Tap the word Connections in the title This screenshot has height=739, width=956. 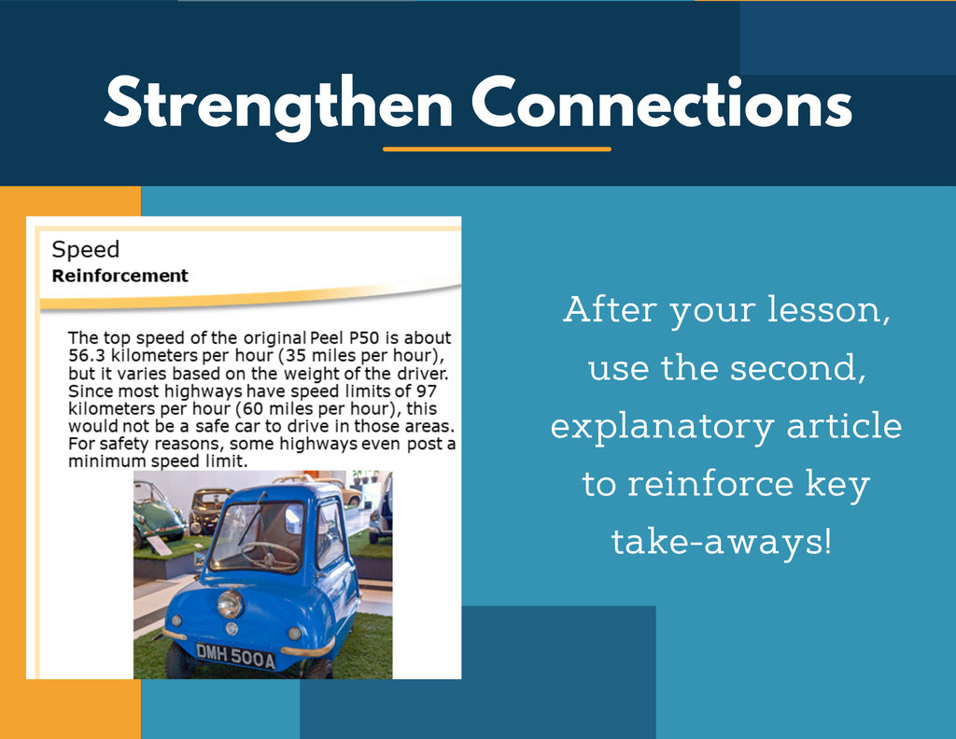(x=662, y=103)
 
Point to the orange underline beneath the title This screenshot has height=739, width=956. (x=497, y=149)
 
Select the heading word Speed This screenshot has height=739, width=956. (x=85, y=250)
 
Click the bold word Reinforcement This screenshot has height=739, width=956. (x=120, y=276)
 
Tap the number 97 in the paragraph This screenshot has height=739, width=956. (x=427, y=391)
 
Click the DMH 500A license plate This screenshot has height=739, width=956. (x=235, y=656)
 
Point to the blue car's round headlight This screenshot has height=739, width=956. (x=231, y=604)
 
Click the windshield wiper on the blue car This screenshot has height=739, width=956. (x=252, y=519)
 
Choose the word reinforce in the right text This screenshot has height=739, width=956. (x=710, y=483)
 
